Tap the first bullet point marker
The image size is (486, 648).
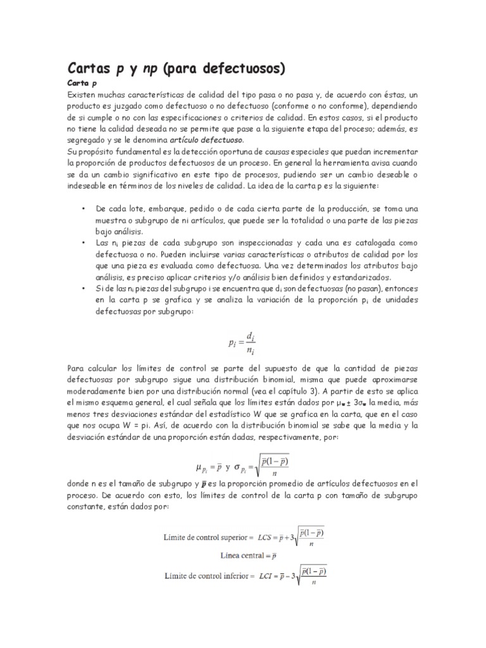coord(84,209)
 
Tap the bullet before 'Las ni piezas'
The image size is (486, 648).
coord(84,242)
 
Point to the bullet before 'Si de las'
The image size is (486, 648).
coord(84,289)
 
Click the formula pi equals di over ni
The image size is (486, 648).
coord(243,342)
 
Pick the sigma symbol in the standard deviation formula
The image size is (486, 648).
coord(238,468)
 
